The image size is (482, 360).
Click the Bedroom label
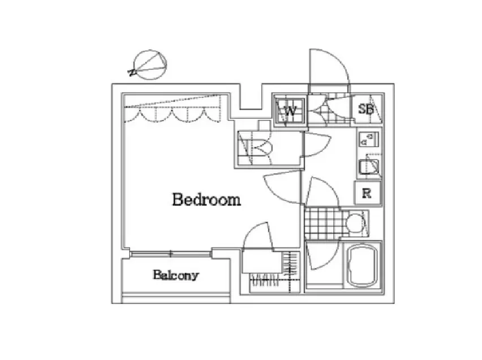click(206, 199)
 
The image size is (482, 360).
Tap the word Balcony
click(176, 275)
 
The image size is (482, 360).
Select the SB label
click(366, 109)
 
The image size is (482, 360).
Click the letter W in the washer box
click(290, 111)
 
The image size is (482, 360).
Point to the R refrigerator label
click(367, 194)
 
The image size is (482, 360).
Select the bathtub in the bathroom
click(362, 266)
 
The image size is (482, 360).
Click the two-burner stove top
click(368, 139)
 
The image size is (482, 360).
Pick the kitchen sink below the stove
click(369, 167)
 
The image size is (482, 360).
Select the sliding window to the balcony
click(171, 254)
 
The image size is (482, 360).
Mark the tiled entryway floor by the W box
click(329, 109)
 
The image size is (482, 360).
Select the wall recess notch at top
click(251, 96)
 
